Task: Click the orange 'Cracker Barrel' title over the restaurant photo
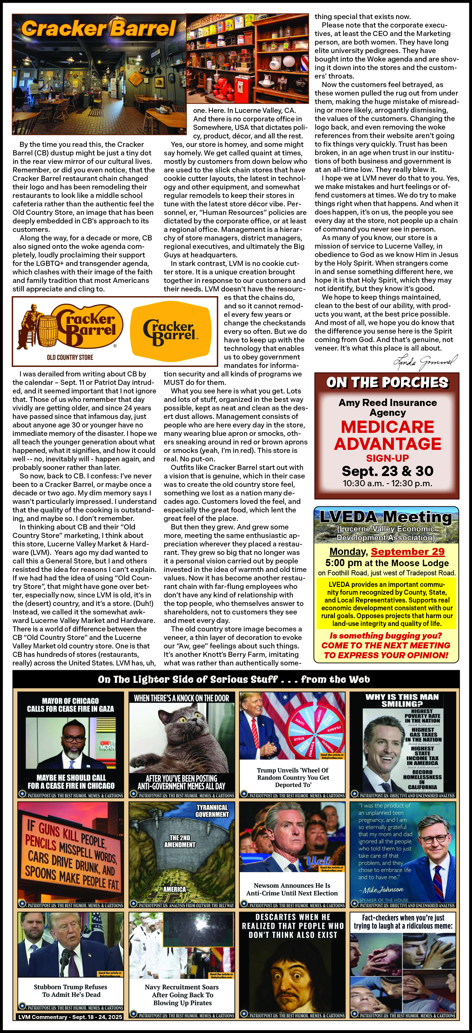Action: (99, 29)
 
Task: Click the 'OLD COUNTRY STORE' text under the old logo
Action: (70, 357)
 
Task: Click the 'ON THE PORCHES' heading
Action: (387, 383)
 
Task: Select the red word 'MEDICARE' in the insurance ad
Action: (387, 427)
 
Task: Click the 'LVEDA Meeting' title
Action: (386, 516)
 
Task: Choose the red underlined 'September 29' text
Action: (407, 552)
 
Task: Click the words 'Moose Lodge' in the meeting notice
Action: (420, 563)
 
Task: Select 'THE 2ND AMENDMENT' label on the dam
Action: (180, 841)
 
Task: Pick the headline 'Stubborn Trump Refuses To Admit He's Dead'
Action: (71, 991)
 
